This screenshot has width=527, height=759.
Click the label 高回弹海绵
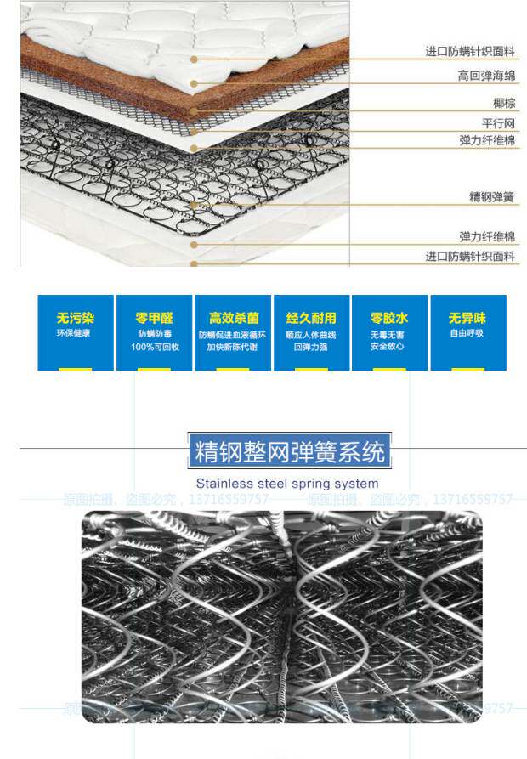pyautogui.click(x=486, y=76)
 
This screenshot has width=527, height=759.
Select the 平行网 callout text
pyautogui.click(x=498, y=123)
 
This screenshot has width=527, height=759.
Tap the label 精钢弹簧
pyautogui.click(x=492, y=197)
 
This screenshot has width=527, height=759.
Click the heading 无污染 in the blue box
pyautogui.click(x=76, y=318)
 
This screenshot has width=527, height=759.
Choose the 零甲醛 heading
pyautogui.click(x=154, y=318)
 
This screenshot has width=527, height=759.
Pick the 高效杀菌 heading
pyautogui.click(x=233, y=318)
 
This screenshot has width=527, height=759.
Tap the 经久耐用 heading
pyautogui.click(x=311, y=318)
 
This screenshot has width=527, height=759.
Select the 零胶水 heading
pyautogui.click(x=389, y=318)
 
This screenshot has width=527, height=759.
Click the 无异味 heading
pyautogui.click(x=467, y=318)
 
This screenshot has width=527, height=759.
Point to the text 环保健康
pyautogui.click(x=75, y=333)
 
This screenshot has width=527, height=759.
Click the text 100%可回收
pyautogui.click(x=154, y=347)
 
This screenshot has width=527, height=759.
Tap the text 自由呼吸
pyautogui.click(x=467, y=333)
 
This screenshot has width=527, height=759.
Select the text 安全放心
pyautogui.click(x=389, y=347)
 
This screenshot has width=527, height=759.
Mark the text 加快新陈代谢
pyautogui.click(x=233, y=347)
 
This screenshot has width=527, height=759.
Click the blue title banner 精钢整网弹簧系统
pyautogui.click(x=289, y=451)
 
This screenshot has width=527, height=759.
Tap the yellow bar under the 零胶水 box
pyautogui.click(x=388, y=369)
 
